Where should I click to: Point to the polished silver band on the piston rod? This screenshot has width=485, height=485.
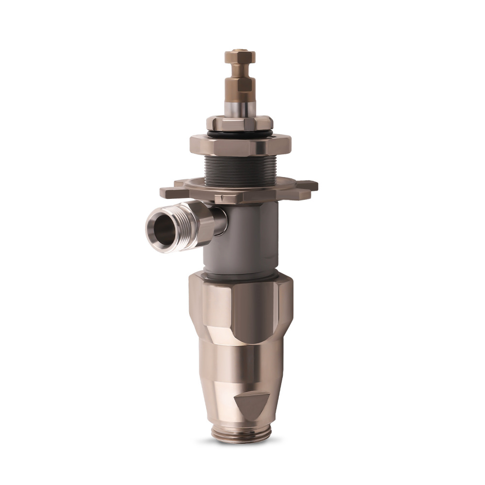click(240, 108)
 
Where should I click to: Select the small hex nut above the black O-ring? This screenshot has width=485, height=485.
click(240, 123)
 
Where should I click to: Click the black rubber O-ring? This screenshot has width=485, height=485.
click(240, 133)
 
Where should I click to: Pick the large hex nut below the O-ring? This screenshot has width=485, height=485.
click(240, 145)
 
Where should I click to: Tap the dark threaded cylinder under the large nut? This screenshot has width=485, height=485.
click(239, 170)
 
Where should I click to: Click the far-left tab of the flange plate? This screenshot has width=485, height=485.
click(170, 193)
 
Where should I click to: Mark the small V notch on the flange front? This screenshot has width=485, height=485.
click(221, 198)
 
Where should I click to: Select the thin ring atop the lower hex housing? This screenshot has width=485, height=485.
click(241, 275)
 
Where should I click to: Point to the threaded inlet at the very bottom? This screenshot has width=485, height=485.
click(240, 433)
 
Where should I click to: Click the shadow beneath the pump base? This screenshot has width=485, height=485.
click(240, 442)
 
